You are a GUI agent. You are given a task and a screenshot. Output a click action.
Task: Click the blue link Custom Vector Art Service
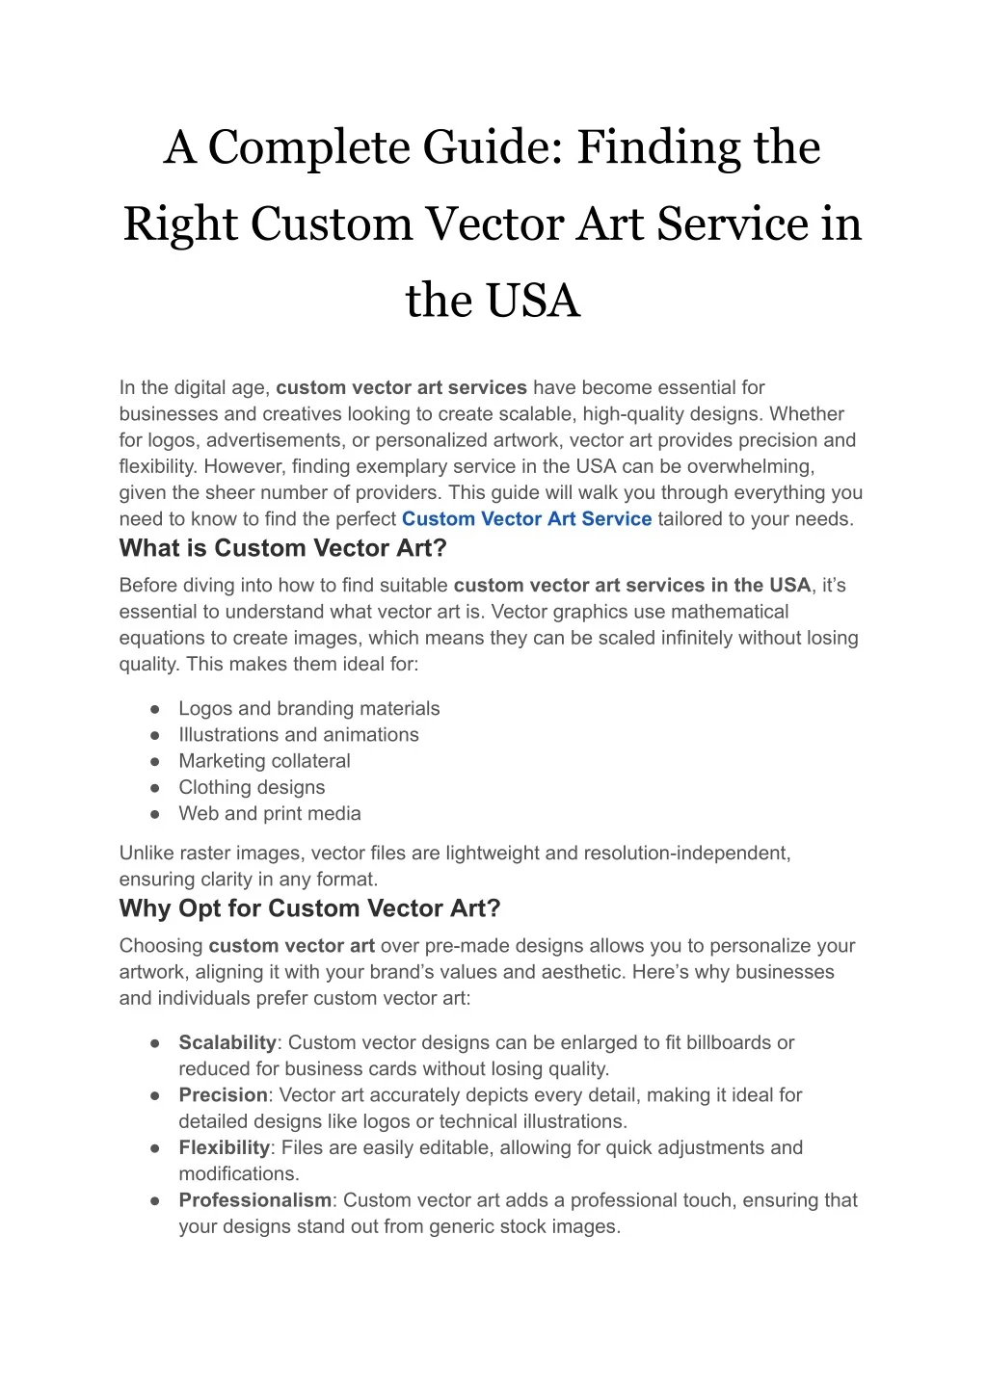click(526, 519)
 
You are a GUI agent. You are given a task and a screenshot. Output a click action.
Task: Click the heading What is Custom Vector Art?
click(282, 549)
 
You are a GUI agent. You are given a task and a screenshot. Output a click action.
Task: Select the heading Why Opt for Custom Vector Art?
click(309, 909)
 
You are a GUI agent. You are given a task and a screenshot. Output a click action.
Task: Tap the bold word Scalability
click(227, 1043)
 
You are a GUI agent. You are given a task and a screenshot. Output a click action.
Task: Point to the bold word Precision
click(223, 1095)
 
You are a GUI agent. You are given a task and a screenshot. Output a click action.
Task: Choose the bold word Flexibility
click(224, 1148)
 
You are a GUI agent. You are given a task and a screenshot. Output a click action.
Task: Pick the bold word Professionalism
click(254, 1200)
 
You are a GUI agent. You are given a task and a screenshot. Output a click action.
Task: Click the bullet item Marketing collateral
click(264, 761)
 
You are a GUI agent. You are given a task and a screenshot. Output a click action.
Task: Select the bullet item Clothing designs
click(252, 788)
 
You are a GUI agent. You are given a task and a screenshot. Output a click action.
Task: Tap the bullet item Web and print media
click(270, 814)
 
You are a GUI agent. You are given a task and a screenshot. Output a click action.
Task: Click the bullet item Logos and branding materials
click(308, 709)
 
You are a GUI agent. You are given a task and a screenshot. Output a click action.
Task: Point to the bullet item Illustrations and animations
click(299, 735)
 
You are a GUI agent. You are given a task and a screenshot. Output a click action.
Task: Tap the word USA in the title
click(532, 300)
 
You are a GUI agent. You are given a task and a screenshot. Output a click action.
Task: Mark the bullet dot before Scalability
click(154, 1043)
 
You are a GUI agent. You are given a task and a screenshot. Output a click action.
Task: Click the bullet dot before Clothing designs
click(154, 788)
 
